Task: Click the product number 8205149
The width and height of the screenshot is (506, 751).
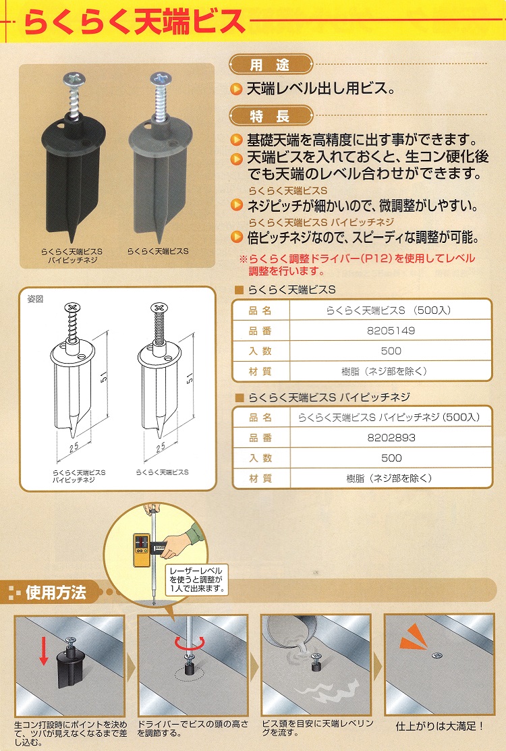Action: point(391,331)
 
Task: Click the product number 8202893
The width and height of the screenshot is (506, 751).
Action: point(391,437)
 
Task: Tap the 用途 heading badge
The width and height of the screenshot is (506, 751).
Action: point(271,65)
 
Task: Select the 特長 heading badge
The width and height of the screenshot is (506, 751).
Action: point(271,116)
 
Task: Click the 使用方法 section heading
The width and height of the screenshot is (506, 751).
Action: point(55,592)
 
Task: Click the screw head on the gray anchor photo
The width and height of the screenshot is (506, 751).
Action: point(161,78)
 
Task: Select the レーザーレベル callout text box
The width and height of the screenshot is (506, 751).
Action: point(196,579)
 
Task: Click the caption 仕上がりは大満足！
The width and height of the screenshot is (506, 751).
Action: point(440,727)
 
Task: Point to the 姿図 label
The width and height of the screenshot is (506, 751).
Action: point(36,299)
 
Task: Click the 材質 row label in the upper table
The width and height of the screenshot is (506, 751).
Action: point(260,371)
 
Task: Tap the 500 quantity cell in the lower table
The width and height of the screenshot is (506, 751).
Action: point(391,458)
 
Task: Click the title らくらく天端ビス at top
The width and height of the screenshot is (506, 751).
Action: point(134,22)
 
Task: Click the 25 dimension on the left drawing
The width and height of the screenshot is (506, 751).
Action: point(74,447)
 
